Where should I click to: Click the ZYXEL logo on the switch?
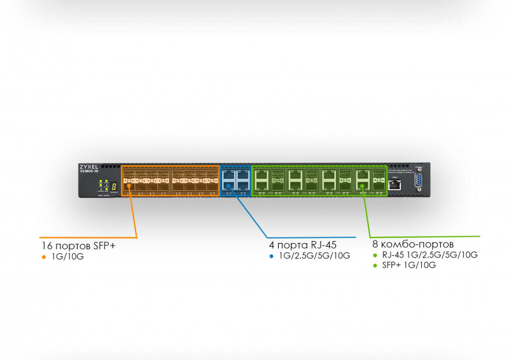(88, 166)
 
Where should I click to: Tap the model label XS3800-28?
(88, 171)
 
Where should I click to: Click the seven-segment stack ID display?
(113, 186)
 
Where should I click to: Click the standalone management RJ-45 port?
(396, 184)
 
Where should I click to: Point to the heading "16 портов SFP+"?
(78, 245)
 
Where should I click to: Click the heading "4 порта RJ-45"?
(303, 244)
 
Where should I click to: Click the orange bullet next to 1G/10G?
(44, 257)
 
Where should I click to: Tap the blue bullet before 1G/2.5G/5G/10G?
(272, 256)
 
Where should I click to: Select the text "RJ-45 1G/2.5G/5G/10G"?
(429, 255)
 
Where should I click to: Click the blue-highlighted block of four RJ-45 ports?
(235, 181)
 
